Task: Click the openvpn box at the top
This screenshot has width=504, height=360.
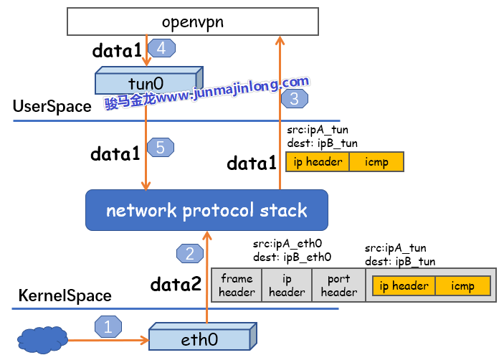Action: (x=192, y=22)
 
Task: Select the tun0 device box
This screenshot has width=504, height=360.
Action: (x=149, y=83)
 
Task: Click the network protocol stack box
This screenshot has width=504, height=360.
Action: (x=206, y=211)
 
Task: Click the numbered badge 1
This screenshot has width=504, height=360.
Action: (x=108, y=327)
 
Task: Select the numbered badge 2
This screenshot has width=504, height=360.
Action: (x=189, y=252)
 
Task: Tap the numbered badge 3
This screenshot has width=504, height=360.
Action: (x=294, y=98)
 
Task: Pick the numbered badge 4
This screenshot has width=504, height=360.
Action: (x=161, y=49)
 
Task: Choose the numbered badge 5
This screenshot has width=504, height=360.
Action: (x=160, y=147)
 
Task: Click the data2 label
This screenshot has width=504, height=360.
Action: (x=176, y=285)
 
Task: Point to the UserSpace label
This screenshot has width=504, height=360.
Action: (x=52, y=107)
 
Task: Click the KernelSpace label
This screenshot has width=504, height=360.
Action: (x=65, y=295)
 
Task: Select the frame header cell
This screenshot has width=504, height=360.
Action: (x=237, y=285)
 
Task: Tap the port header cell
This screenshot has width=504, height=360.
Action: (x=338, y=285)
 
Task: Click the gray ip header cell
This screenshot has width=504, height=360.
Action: (x=287, y=285)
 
